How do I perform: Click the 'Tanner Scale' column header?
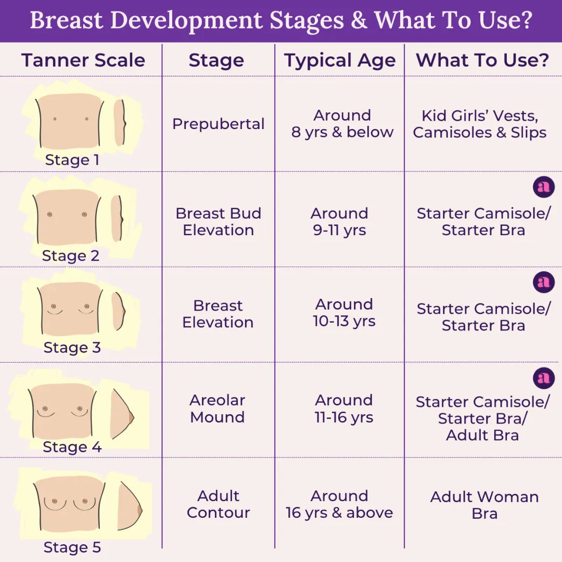83,60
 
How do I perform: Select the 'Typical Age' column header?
340,60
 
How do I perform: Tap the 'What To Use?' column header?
482,60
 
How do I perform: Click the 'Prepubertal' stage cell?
219,124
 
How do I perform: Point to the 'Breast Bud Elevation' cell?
219,222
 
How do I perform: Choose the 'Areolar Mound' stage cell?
218,408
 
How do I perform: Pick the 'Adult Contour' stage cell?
219,504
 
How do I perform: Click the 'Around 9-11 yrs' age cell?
340,222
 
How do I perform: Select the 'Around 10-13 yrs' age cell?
344,313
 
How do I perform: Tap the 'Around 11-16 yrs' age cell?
344,408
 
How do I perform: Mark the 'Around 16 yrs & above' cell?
339,504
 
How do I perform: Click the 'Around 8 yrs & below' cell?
342,124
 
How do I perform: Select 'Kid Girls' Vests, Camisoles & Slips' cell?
480,124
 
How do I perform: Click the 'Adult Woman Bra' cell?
484,505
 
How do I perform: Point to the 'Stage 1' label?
72,160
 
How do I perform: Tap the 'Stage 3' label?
72,347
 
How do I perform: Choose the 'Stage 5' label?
72,547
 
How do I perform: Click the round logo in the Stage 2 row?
544,187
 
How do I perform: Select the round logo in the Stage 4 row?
544,378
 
